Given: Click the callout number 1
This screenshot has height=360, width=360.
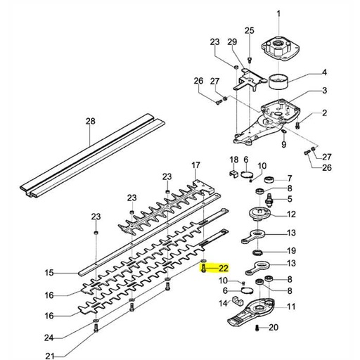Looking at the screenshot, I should click(x=277, y=14).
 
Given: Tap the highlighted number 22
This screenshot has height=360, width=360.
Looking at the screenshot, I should click(x=223, y=268).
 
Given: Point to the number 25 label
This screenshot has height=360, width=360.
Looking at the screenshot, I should click(x=248, y=30).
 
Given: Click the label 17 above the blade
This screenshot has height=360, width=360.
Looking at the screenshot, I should click(x=196, y=165).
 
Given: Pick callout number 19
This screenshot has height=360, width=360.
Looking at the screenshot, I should click(x=291, y=251).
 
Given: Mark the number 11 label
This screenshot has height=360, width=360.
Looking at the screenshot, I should click(x=291, y=306).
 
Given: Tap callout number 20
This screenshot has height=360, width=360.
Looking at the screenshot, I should click(x=274, y=328).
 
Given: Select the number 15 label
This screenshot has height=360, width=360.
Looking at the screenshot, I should click(x=49, y=272).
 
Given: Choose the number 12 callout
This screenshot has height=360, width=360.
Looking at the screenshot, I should click(x=291, y=214).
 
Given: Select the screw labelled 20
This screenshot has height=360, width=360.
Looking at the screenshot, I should click(x=259, y=328).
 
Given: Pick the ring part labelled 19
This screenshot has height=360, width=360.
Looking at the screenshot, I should click(x=260, y=251).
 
